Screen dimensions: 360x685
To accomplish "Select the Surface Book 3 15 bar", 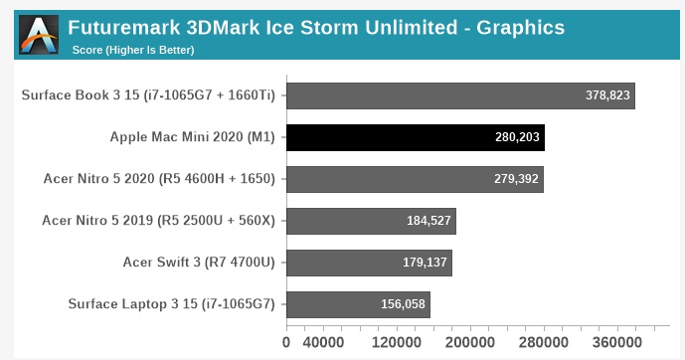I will point(460,95).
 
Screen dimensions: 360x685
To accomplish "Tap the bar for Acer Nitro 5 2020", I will point(415,179).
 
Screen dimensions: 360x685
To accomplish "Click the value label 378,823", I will point(608,95).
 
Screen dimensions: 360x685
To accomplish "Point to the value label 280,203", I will point(517,137).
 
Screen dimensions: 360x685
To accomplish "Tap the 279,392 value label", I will point(516,179).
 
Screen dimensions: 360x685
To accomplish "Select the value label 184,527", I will point(429,221).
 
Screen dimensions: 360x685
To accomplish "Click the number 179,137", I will point(426,263).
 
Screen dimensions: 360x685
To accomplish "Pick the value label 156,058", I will point(404,304).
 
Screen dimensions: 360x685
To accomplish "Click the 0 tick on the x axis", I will point(286,343).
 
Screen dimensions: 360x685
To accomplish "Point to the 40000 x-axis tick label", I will point(325,343).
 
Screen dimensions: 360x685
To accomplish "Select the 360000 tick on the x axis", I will point(616,343).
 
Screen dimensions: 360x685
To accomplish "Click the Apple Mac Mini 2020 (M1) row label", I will point(194,137).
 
